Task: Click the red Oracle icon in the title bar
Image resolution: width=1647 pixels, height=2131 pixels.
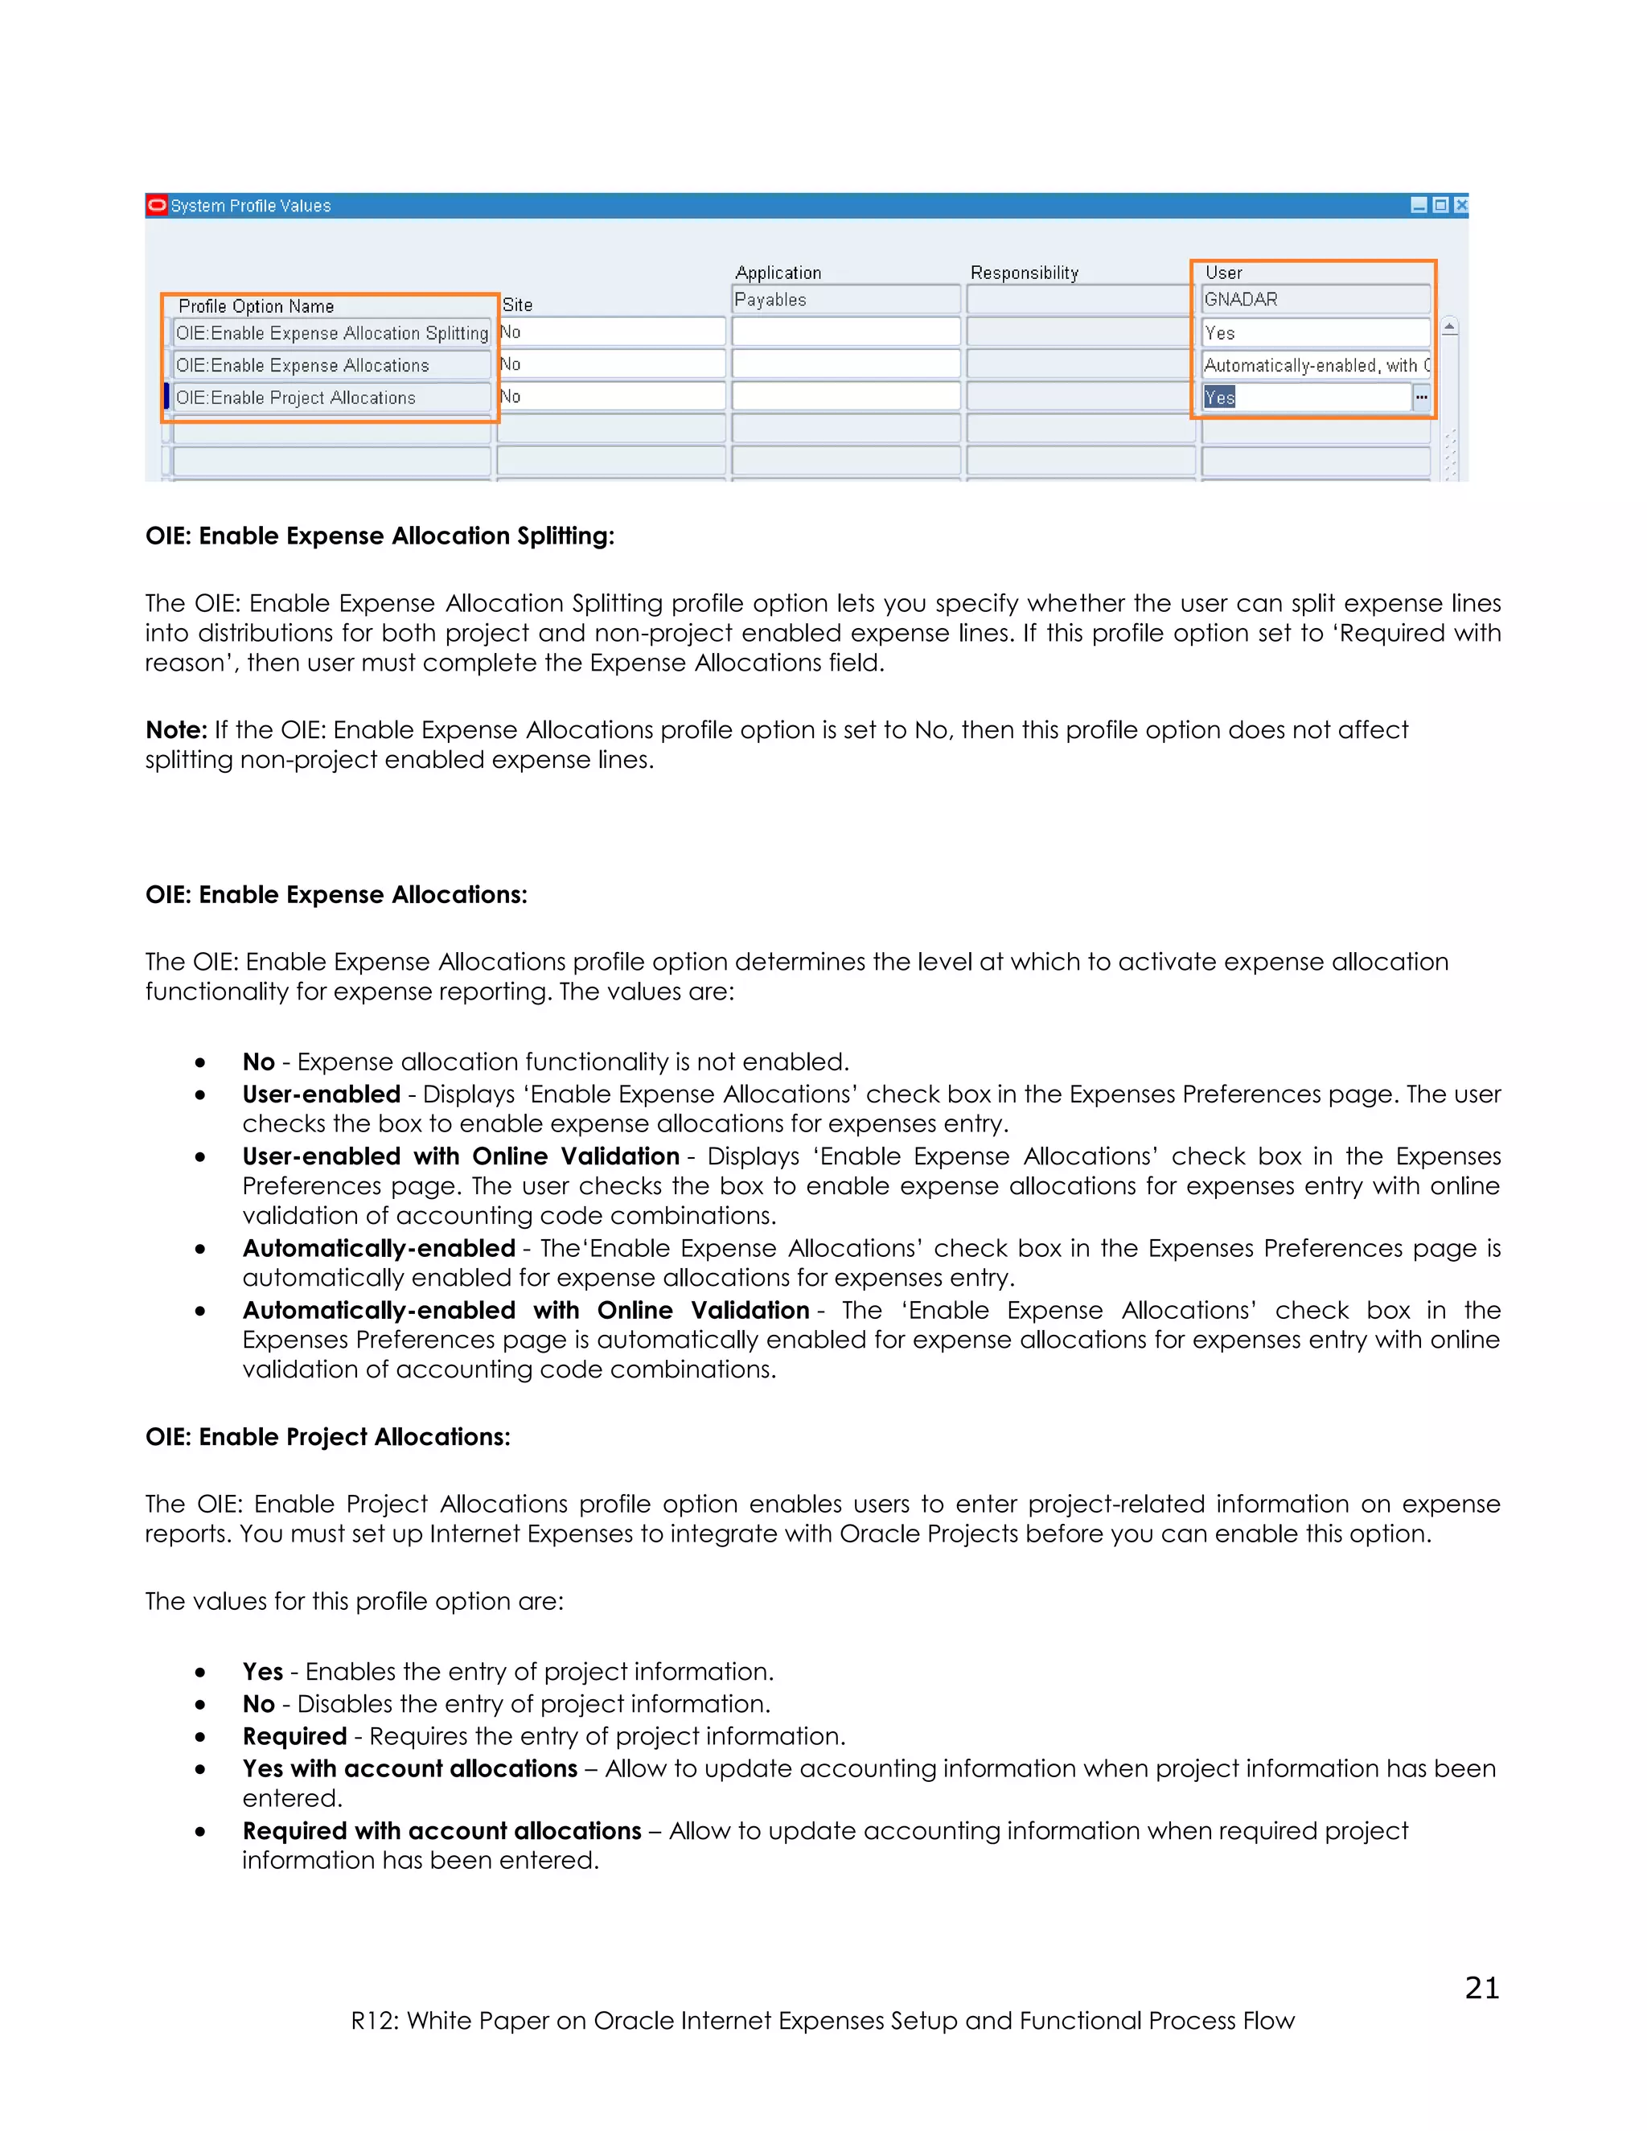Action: coord(156,205)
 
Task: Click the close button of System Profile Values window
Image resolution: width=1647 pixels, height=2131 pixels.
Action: coord(1460,205)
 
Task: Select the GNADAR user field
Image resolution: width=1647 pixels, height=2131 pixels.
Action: coord(1314,300)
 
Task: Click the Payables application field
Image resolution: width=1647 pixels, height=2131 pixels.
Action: coord(845,300)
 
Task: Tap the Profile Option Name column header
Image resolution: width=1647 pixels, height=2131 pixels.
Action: coord(256,306)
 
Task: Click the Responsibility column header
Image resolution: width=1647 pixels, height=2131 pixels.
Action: coord(1024,273)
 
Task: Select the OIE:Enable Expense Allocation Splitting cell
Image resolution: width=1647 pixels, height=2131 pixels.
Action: coord(332,334)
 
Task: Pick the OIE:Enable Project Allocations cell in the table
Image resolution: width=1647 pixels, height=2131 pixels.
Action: coord(332,398)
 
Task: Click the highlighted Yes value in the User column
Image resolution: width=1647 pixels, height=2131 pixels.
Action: coord(1220,398)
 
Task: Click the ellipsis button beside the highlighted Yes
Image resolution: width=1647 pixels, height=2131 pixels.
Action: coord(1422,397)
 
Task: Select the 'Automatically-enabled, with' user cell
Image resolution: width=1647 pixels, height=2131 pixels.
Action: coord(1314,366)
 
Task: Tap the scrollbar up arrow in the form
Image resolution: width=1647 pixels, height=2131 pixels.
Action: coord(1450,328)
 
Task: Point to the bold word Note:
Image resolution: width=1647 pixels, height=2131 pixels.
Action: coord(175,730)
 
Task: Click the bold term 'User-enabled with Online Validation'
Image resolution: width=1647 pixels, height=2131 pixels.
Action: coord(461,1156)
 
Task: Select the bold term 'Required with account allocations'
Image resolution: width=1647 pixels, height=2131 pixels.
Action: coord(441,1830)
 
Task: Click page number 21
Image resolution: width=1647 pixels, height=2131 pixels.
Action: coord(1481,1989)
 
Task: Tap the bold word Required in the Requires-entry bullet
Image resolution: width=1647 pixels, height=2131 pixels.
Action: coord(294,1736)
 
